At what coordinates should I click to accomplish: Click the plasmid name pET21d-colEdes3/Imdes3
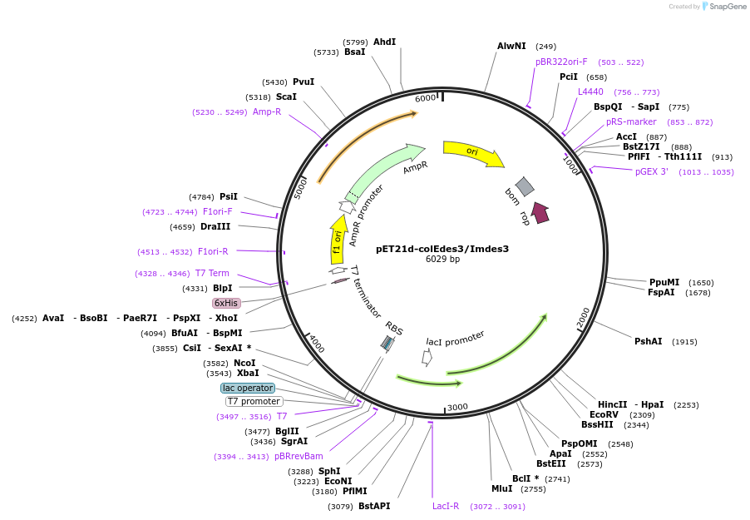442,248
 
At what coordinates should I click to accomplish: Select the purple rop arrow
540,213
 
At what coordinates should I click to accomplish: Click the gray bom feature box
524,186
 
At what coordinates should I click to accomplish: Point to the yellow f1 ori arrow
338,240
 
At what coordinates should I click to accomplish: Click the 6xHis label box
226,304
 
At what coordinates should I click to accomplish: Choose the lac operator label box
248,388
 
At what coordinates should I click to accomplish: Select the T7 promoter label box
254,401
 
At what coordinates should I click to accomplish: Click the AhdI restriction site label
384,42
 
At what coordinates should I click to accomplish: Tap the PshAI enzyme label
648,341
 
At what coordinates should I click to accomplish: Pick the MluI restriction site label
501,488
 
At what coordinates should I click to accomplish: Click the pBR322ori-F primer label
561,62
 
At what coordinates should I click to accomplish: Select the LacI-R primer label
445,506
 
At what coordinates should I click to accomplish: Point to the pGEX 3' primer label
652,171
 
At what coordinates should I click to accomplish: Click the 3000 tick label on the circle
458,407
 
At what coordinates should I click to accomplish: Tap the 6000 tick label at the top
425,98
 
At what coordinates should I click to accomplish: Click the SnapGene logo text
726,7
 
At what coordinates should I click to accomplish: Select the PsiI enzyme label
229,196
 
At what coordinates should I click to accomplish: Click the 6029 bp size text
442,260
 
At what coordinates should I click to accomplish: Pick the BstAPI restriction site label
374,506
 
